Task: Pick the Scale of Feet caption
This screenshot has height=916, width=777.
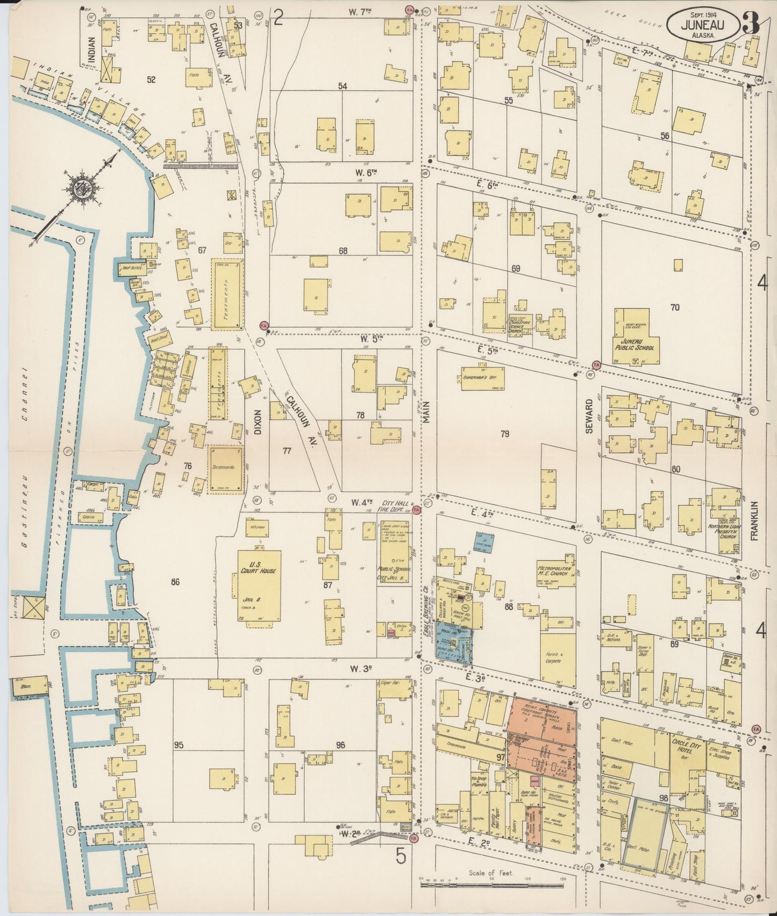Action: [491, 874]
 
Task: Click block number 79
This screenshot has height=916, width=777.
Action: [504, 434]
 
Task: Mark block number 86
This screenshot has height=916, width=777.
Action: [174, 582]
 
